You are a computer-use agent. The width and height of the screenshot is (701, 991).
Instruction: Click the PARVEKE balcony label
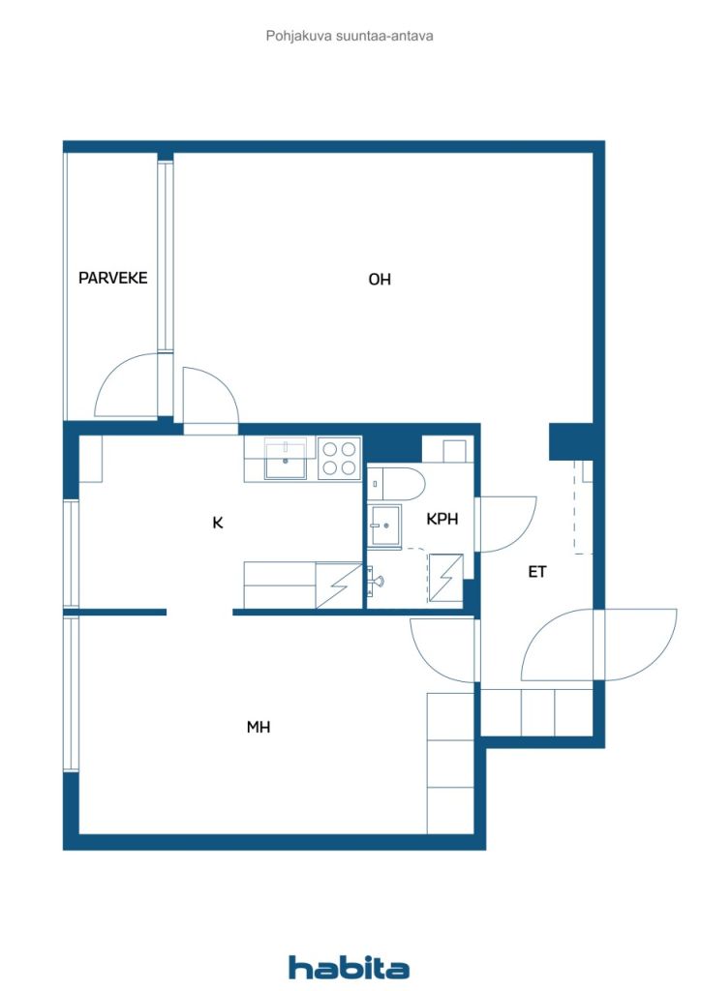click(x=112, y=278)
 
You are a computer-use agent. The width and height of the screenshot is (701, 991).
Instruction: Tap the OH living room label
click(x=380, y=279)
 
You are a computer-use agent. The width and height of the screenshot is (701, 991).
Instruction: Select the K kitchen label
click(x=218, y=523)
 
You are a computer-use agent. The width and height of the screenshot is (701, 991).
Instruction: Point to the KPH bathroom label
click(x=442, y=519)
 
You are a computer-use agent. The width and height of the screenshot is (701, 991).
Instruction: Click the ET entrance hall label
click(x=536, y=572)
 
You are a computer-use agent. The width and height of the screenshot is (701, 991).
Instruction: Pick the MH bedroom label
click(x=258, y=727)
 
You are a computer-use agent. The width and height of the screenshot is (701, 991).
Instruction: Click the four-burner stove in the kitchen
click(x=340, y=458)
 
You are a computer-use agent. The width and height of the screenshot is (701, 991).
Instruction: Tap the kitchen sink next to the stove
click(x=285, y=458)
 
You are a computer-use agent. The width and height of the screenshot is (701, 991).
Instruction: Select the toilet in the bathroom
click(x=396, y=484)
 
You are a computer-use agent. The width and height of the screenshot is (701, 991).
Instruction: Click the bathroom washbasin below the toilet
click(x=385, y=525)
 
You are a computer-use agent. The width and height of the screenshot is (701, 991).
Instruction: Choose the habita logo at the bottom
click(x=349, y=967)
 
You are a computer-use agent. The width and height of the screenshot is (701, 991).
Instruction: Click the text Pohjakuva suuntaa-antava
click(x=350, y=36)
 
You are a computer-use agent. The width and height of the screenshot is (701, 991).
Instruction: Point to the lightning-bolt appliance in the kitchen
click(x=339, y=586)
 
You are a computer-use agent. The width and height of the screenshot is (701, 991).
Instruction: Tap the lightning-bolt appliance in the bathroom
click(x=445, y=578)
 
